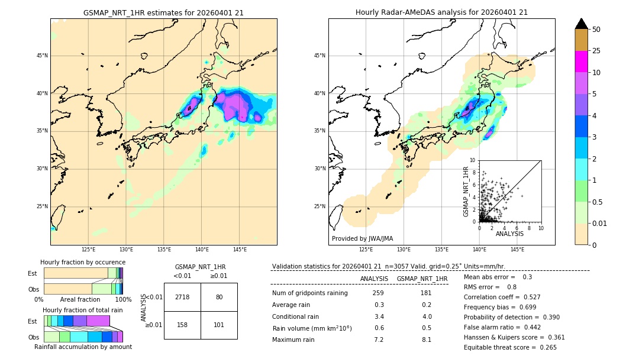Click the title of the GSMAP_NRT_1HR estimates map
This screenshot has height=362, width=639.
[163, 12]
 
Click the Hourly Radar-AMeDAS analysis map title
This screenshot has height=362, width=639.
[441, 12]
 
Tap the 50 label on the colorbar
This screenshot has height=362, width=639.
[596, 30]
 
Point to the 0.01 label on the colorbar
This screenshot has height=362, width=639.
[599, 223]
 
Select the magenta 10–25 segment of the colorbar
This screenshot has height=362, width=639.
[582, 62]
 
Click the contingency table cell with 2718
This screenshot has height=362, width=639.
[182, 297]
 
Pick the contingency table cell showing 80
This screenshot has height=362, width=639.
[219, 297]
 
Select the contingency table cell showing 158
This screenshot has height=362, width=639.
[182, 325]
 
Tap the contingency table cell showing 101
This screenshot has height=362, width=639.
[219, 325]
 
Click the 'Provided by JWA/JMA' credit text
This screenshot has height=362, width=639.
[362, 238]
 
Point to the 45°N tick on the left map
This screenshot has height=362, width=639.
[41, 56]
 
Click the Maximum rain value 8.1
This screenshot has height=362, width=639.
[427, 340]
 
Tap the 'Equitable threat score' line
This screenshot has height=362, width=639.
[510, 347]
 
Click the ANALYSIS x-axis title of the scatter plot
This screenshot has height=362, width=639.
[509, 234]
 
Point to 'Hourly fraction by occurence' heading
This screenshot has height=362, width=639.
[83, 262]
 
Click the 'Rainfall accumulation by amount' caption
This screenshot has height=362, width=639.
[83, 347]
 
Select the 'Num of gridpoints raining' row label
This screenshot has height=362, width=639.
[309, 293]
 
